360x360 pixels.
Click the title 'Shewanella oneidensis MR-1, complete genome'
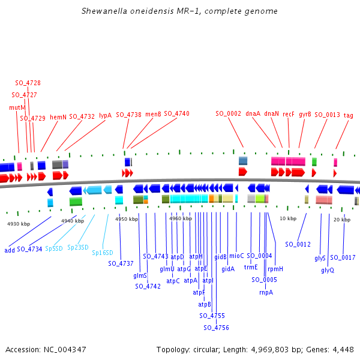(179, 11)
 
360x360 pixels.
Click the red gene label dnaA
(253, 113)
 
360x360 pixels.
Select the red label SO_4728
(28, 83)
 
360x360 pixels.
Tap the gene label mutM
(17, 107)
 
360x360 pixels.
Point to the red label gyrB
(305, 113)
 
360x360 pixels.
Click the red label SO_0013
(327, 115)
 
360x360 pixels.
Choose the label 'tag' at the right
(348, 115)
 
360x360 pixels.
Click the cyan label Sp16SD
(102, 253)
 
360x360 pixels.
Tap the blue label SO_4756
(216, 328)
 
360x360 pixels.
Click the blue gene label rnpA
(266, 292)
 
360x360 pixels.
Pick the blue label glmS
(140, 275)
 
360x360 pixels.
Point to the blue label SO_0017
(343, 257)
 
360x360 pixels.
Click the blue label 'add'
(10, 250)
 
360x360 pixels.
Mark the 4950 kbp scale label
(127, 219)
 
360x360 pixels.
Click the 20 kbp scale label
(341, 219)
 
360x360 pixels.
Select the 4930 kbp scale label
(19, 224)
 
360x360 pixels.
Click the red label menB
(153, 113)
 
